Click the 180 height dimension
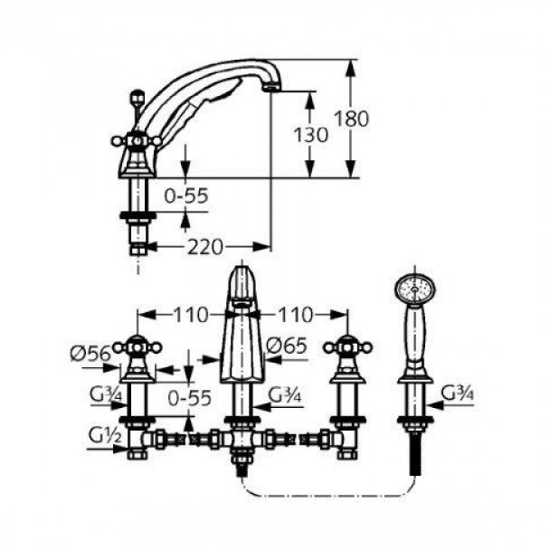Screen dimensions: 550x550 click(352, 119)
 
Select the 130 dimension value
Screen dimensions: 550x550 click(311, 135)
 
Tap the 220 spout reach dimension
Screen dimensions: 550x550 click(205, 247)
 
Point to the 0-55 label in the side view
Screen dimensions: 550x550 click(186, 195)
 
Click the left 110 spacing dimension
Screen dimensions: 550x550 click(191, 315)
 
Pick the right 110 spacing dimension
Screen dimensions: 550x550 click(295, 315)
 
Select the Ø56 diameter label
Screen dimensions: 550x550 click(90, 354)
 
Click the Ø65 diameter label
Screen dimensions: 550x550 click(287, 346)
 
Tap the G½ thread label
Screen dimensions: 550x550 click(105, 437)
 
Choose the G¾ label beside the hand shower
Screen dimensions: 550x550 click(458, 394)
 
